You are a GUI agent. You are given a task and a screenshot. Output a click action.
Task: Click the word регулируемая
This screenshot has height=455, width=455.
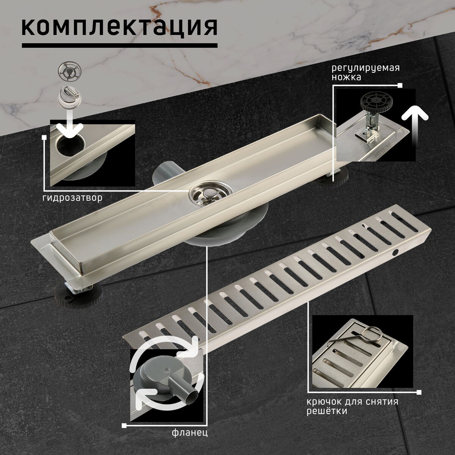366,68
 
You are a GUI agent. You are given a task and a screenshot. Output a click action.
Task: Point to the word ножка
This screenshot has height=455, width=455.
347,77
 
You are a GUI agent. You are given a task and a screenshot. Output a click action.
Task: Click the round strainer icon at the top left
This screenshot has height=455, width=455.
70,70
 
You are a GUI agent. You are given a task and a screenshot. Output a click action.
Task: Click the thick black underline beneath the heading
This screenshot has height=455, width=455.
119,45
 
